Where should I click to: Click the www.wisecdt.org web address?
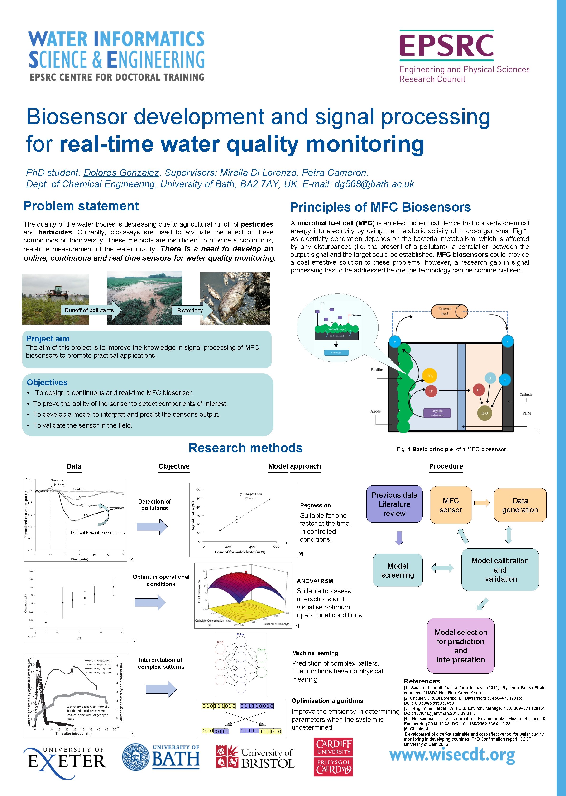[x=452, y=755]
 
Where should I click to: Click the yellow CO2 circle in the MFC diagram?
[x=429, y=376]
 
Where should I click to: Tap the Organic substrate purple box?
[x=437, y=413]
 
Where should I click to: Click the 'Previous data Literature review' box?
[x=394, y=504]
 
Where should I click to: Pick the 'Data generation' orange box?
[x=520, y=505]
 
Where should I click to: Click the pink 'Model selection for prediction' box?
[x=460, y=646]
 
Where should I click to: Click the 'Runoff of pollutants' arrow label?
[x=89, y=310]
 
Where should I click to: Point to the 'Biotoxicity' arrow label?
[x=190, y=311]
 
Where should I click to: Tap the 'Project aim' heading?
[x=48, y=338]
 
